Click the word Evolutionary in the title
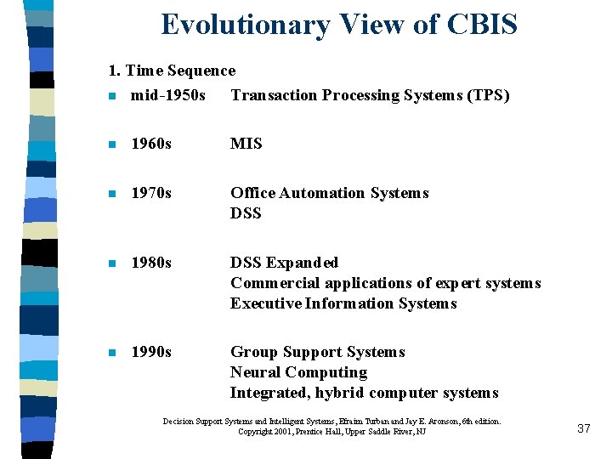(245, 25)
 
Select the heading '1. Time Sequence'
(172, 71)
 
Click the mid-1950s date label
(168, 95)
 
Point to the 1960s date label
(151, 144)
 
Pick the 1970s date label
(151, 193)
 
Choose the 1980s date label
(151, 263)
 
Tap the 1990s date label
(151, 352)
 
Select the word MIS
(246, 144)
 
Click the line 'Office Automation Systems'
(330, 193)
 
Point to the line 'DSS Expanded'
(285, 263)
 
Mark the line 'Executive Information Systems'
(344, 303)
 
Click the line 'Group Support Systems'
(318, 352)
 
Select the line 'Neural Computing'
(299, 372)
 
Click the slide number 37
(583, 428)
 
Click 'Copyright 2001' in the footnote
(263, 432)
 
